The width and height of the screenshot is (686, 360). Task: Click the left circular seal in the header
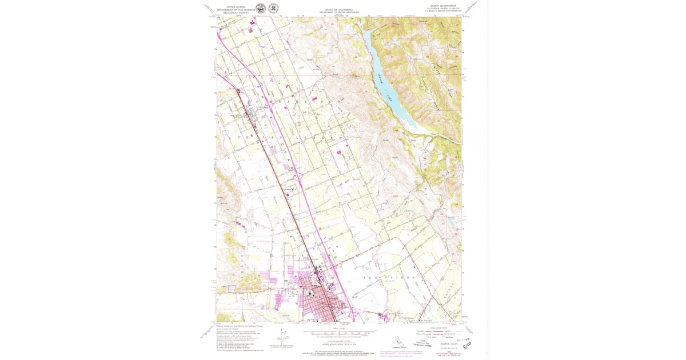tap(260, 8)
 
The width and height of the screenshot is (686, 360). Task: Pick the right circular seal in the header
tap(274, 8)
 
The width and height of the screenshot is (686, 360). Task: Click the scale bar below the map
tap(340, 331)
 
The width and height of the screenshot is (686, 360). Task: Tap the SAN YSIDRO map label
tap(380, 277)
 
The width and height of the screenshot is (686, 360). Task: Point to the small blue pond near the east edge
tap(451, 218)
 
